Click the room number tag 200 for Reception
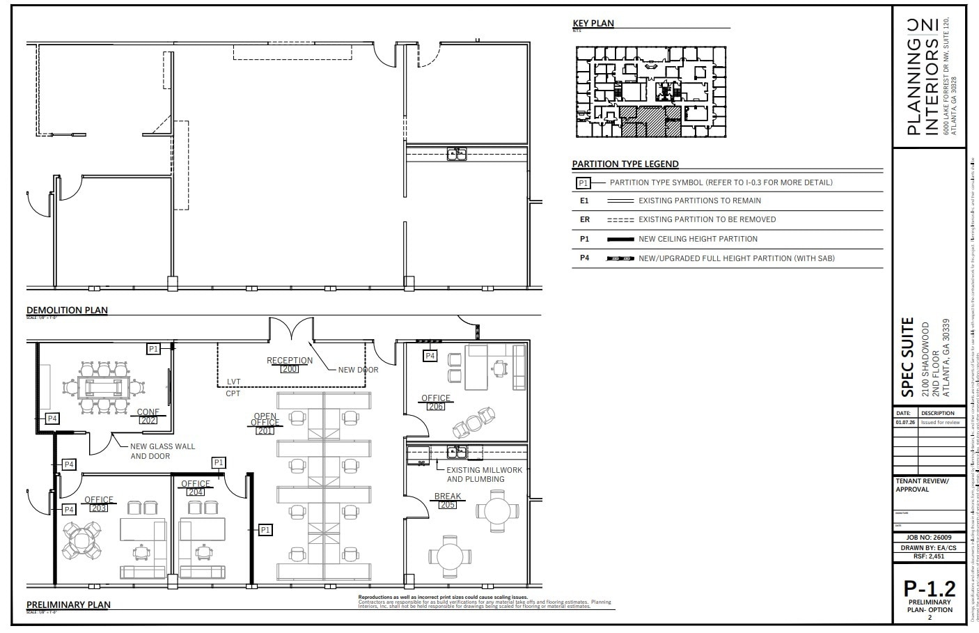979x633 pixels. [x=289, y=369]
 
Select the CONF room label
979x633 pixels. [x=148, y=412]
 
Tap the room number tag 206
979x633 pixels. [x=435, y=407]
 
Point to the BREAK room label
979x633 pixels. [x=448, y=497]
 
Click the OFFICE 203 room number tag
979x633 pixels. [x=99, y=508]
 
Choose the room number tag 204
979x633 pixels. [x=195, y=492]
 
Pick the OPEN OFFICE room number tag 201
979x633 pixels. [x=265, y=431]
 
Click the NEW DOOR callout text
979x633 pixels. [x=358, y=369]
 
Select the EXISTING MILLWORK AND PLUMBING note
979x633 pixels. [x=484, y=475]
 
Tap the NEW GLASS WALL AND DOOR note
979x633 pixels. [x=163, y=451]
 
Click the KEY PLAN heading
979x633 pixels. [x=593, y=23]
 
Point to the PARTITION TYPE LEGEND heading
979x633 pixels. [x=625, y=164]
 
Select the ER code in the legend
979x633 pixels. [x=584, y=219]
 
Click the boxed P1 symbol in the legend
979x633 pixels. [x=584, y=183]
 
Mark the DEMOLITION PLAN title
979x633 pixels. [x=67, y=310]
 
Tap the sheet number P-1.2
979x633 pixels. [x=930, y=588]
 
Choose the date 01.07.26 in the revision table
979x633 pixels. [x=905, y=422]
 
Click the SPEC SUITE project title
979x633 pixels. [x=907, y=357]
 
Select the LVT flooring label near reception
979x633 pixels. [x=233, y=382]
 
